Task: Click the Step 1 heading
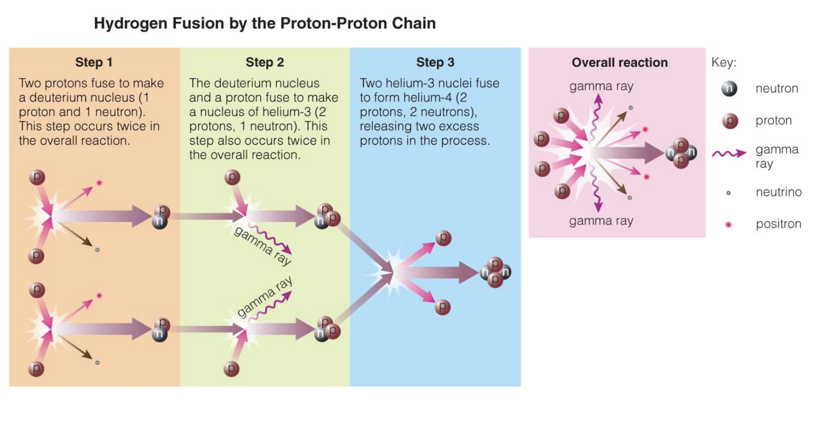click(x=94, y=62)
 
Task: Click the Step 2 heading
click(x=264, y=62)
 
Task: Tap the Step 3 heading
click(x=435, y=62)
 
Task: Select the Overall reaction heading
click(x=619, y=62)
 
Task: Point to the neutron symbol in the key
click(x=729, y=89)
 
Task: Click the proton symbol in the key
click(x=730, y=121)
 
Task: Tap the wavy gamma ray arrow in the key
click(x=729, y=153)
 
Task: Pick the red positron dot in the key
click(x=728, y=224)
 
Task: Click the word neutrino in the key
click(x=778, y=192)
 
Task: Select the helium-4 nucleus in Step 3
click(x=495, y=272)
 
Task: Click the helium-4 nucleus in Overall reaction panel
click(x=681, y=152)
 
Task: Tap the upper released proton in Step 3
click(x=443, y=238)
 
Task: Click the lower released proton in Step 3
click(x=442, y=307)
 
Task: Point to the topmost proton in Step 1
click(x=37, y=178)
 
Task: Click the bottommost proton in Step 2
click(x=231, y=369)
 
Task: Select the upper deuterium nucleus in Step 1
click(x=161, y=216)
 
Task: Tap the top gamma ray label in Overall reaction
click(x=601, y=86)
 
